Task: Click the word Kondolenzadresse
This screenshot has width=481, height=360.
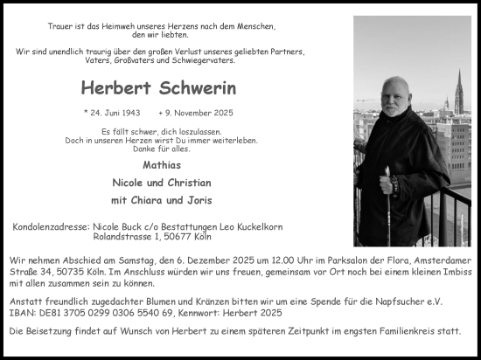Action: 51,227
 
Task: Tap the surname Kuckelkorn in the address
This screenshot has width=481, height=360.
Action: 254,227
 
